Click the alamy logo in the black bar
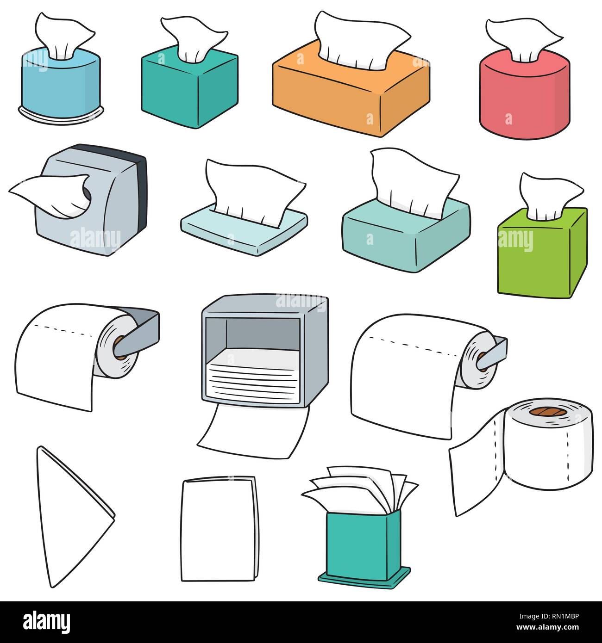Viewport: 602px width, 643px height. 46,621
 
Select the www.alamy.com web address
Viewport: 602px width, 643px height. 552,628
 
